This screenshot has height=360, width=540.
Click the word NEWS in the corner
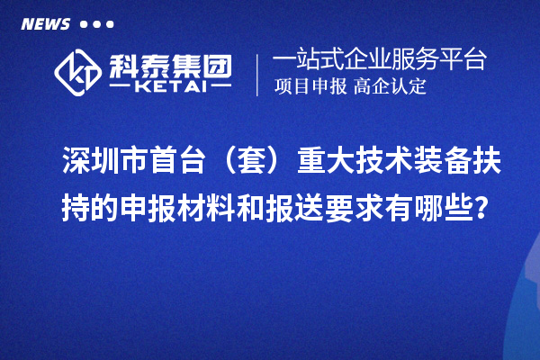coord(44,23)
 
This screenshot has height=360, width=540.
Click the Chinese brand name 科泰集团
coord(169,63)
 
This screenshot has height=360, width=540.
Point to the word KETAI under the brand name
coord(169,86)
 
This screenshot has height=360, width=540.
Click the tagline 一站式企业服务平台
coord(379,60)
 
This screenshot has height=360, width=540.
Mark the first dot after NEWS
coord(84,23)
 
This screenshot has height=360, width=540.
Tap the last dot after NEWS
coord(110,23)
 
